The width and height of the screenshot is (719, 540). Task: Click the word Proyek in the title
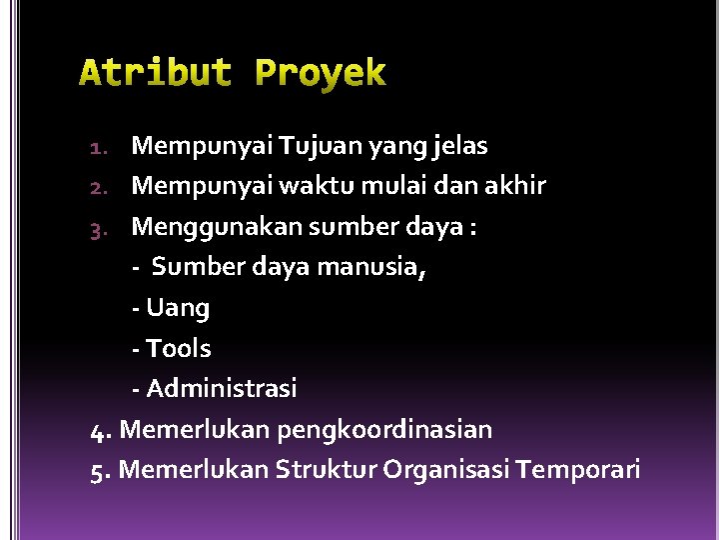tap(321, 73)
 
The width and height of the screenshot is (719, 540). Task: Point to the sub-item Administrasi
tap(221, 388)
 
